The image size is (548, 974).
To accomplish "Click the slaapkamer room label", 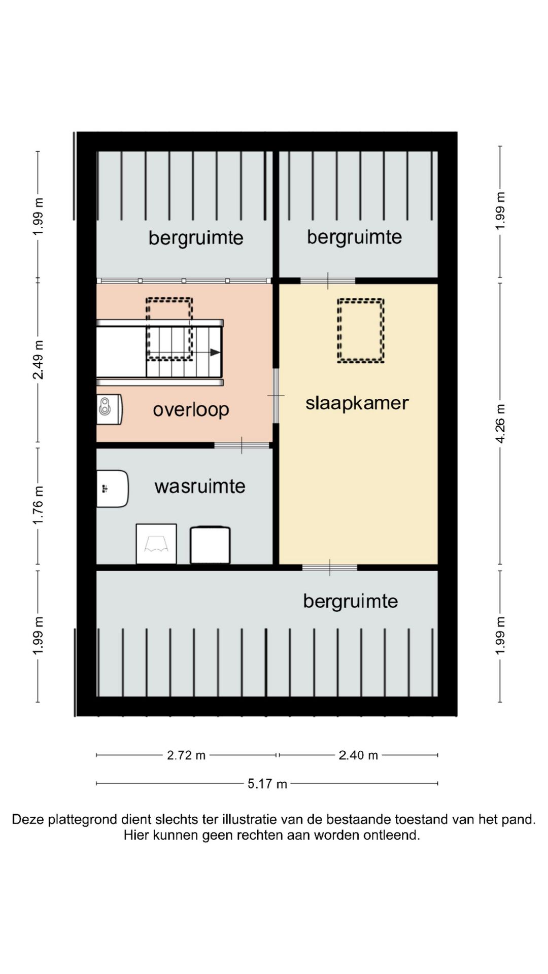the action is click(357, 404).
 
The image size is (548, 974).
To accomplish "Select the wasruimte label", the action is click(200, 486).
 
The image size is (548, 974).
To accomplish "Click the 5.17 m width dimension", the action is click(267, 784).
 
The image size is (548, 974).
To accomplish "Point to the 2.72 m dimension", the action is click(186, 755).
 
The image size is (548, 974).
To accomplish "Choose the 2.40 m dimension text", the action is click(358, 755).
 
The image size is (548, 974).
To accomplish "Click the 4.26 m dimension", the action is click(500, 424).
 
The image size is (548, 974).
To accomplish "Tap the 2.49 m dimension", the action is click(38, 360).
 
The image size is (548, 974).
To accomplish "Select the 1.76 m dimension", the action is click(38, 506).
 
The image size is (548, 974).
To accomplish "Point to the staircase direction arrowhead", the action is click(216, 352).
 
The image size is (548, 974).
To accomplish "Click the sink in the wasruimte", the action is click(112, 489).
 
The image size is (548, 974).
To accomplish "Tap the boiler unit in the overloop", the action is click(109, 409).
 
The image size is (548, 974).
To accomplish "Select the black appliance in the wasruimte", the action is click(210, 545).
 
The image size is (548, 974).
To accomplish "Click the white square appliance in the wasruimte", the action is click(156, 544).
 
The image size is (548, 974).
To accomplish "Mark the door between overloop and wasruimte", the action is click(242, 445).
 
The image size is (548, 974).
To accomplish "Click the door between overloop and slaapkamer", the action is click(276, 396).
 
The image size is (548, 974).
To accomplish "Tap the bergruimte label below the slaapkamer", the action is click(350, 602).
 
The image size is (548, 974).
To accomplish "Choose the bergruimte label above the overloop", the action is click(196, 238).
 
